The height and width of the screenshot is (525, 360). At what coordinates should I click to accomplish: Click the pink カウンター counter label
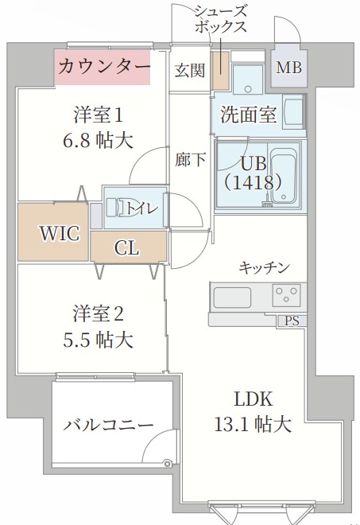coord(103,66)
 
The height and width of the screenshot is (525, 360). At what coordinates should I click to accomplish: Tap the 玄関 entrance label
coord(188,68)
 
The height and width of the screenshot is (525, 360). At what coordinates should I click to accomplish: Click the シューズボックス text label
coord(222,17)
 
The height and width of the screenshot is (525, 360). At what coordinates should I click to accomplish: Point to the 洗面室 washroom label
coord(248,115)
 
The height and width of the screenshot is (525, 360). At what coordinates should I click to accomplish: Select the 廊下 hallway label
coord(190,159)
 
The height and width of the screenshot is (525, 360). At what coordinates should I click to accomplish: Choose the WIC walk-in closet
coord(60,233)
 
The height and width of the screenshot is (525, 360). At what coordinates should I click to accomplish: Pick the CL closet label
coord(126,248)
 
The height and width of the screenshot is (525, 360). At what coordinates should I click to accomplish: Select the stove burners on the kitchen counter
coord(288,296)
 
